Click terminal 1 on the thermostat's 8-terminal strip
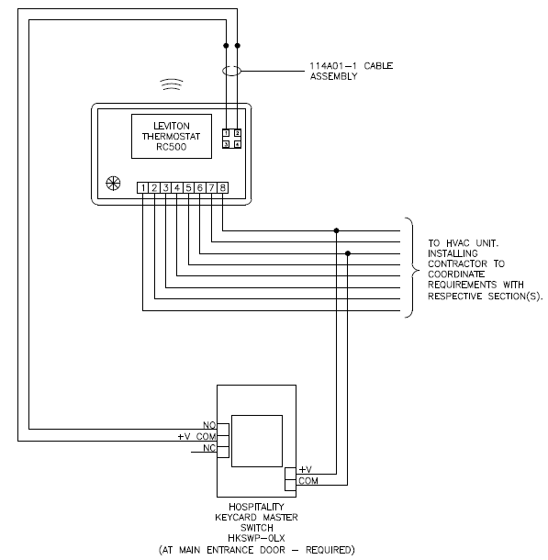tap(143, 188)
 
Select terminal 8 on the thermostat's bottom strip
tap(223, 188)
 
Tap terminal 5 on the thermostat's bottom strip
tap(188, 188)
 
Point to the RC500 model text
tap(172, 147)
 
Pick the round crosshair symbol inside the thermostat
tap(113, 184)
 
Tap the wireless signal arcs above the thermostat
tap(172, 84)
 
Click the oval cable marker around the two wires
tap(231, 71)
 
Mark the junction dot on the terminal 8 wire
tap(336, 230)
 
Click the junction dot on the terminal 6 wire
tap(348, 253)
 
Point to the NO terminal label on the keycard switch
tap(209, 425)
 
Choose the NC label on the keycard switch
tap(209, 448)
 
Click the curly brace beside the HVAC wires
tap(413, 267)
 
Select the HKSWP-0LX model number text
tap(256, 538)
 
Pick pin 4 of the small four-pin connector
tap(238, 144)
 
